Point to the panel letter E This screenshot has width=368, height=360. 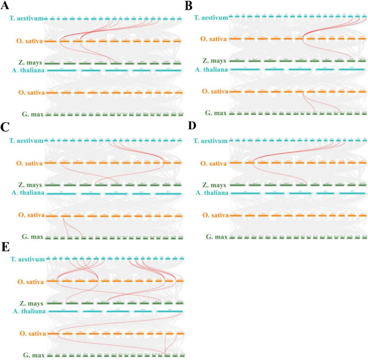tap(5, 246)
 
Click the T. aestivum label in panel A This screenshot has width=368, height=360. tap(26, 18)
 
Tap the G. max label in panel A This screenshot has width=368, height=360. tap(33, 114)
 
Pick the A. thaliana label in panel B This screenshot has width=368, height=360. tap(210, 70)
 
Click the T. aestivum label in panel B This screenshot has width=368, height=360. tap(210, 18)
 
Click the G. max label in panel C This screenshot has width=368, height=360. tap(33, 237)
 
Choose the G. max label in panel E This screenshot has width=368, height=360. tap(33, 355)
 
